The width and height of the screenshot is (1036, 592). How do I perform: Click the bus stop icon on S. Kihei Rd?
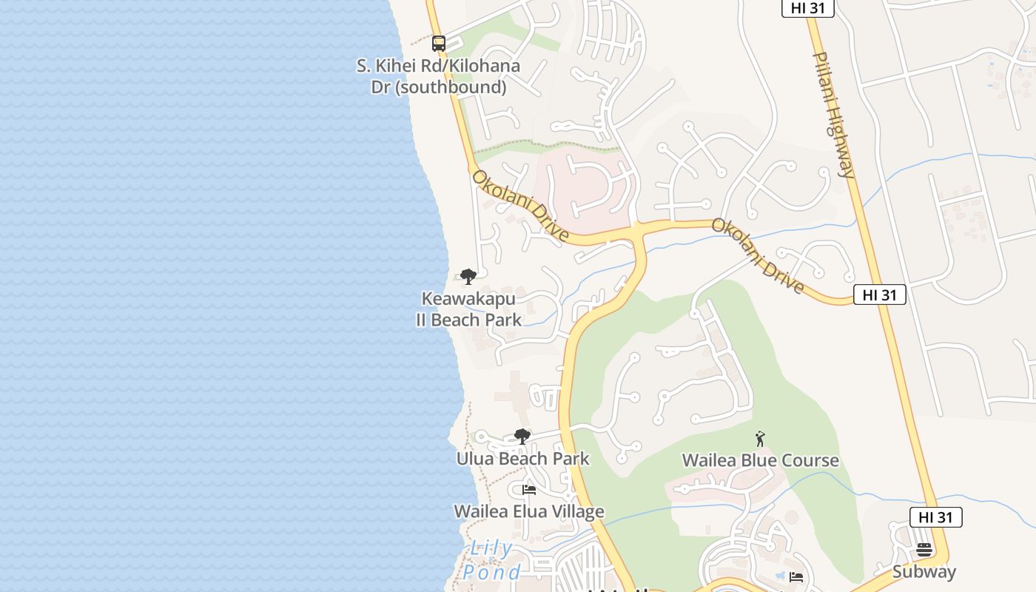[439, 44]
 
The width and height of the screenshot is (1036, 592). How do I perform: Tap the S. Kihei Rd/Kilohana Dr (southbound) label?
[438, 76]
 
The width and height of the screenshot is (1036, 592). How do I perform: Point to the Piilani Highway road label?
[834, 115]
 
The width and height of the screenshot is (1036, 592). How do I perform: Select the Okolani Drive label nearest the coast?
[520, 206]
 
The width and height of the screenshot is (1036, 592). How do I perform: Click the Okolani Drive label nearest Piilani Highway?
[758, 255]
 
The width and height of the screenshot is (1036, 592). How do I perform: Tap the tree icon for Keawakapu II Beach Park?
[468, 277]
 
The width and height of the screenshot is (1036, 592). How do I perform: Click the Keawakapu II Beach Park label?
[468, 309]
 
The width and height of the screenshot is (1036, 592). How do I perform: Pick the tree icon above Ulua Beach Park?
[522, 437]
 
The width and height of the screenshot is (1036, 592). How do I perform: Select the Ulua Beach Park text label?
[522, 459]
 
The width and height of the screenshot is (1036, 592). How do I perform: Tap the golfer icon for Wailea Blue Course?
[759, 439]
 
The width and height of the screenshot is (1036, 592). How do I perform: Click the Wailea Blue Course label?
[760, 460]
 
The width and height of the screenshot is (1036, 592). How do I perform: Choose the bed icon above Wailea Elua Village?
[528, 490]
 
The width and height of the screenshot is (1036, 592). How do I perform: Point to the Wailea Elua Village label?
[528, 511]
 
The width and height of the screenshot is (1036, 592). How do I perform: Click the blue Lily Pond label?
[492, 559]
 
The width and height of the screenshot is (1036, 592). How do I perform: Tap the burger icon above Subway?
[924, 550]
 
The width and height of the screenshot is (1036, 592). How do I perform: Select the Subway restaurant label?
[924, 571]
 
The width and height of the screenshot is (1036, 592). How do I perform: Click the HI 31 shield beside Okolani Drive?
[879, 295]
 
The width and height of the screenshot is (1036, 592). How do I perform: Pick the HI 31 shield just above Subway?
[935, 517]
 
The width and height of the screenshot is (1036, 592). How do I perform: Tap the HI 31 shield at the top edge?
[807, 7]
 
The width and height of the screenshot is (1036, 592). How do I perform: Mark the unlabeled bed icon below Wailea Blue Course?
[796, 576]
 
